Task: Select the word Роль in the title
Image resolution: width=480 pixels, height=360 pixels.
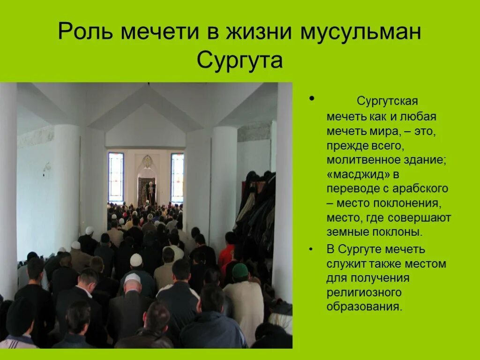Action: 85,32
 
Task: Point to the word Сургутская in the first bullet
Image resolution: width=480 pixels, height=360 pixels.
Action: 387,101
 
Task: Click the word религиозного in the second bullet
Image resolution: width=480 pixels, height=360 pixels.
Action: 364,292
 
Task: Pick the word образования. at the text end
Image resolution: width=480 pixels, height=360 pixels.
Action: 365,307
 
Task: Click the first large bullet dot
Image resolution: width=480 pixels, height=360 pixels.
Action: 312,100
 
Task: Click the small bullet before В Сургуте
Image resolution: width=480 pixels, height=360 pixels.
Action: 312,249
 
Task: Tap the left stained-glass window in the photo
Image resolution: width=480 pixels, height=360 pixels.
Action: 116,177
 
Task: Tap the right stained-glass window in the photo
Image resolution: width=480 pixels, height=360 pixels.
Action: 177,177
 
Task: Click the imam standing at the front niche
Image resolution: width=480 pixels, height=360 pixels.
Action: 150,192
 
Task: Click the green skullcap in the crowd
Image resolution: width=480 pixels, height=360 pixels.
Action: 240,270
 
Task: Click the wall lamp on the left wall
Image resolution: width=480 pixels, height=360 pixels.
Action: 46,168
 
